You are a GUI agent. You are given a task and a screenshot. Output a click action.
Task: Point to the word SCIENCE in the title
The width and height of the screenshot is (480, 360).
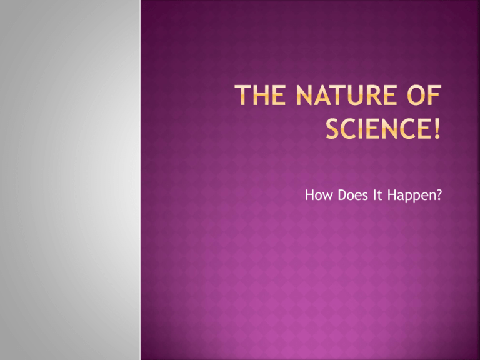[377, 129]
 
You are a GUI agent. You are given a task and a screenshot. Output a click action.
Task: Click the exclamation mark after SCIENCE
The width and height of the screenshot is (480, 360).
[437, 129]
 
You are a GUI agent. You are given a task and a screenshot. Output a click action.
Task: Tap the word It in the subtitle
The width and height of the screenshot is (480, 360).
[377, 195]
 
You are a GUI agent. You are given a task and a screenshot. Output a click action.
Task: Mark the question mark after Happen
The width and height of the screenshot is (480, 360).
[439, 195]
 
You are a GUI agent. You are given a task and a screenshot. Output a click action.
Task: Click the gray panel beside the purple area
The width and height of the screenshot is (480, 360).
[70, 180]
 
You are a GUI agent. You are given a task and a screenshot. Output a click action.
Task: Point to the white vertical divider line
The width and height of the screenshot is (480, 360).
[141, 180]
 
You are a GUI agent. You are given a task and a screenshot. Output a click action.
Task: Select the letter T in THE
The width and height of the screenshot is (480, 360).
[242, 95]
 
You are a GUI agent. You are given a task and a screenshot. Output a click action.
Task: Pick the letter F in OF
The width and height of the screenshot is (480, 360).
[436, 95]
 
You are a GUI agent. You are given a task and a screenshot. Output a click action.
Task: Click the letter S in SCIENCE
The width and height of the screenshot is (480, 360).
[332, 129]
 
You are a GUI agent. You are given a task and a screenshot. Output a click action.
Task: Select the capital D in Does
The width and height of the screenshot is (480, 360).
[342, 195]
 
